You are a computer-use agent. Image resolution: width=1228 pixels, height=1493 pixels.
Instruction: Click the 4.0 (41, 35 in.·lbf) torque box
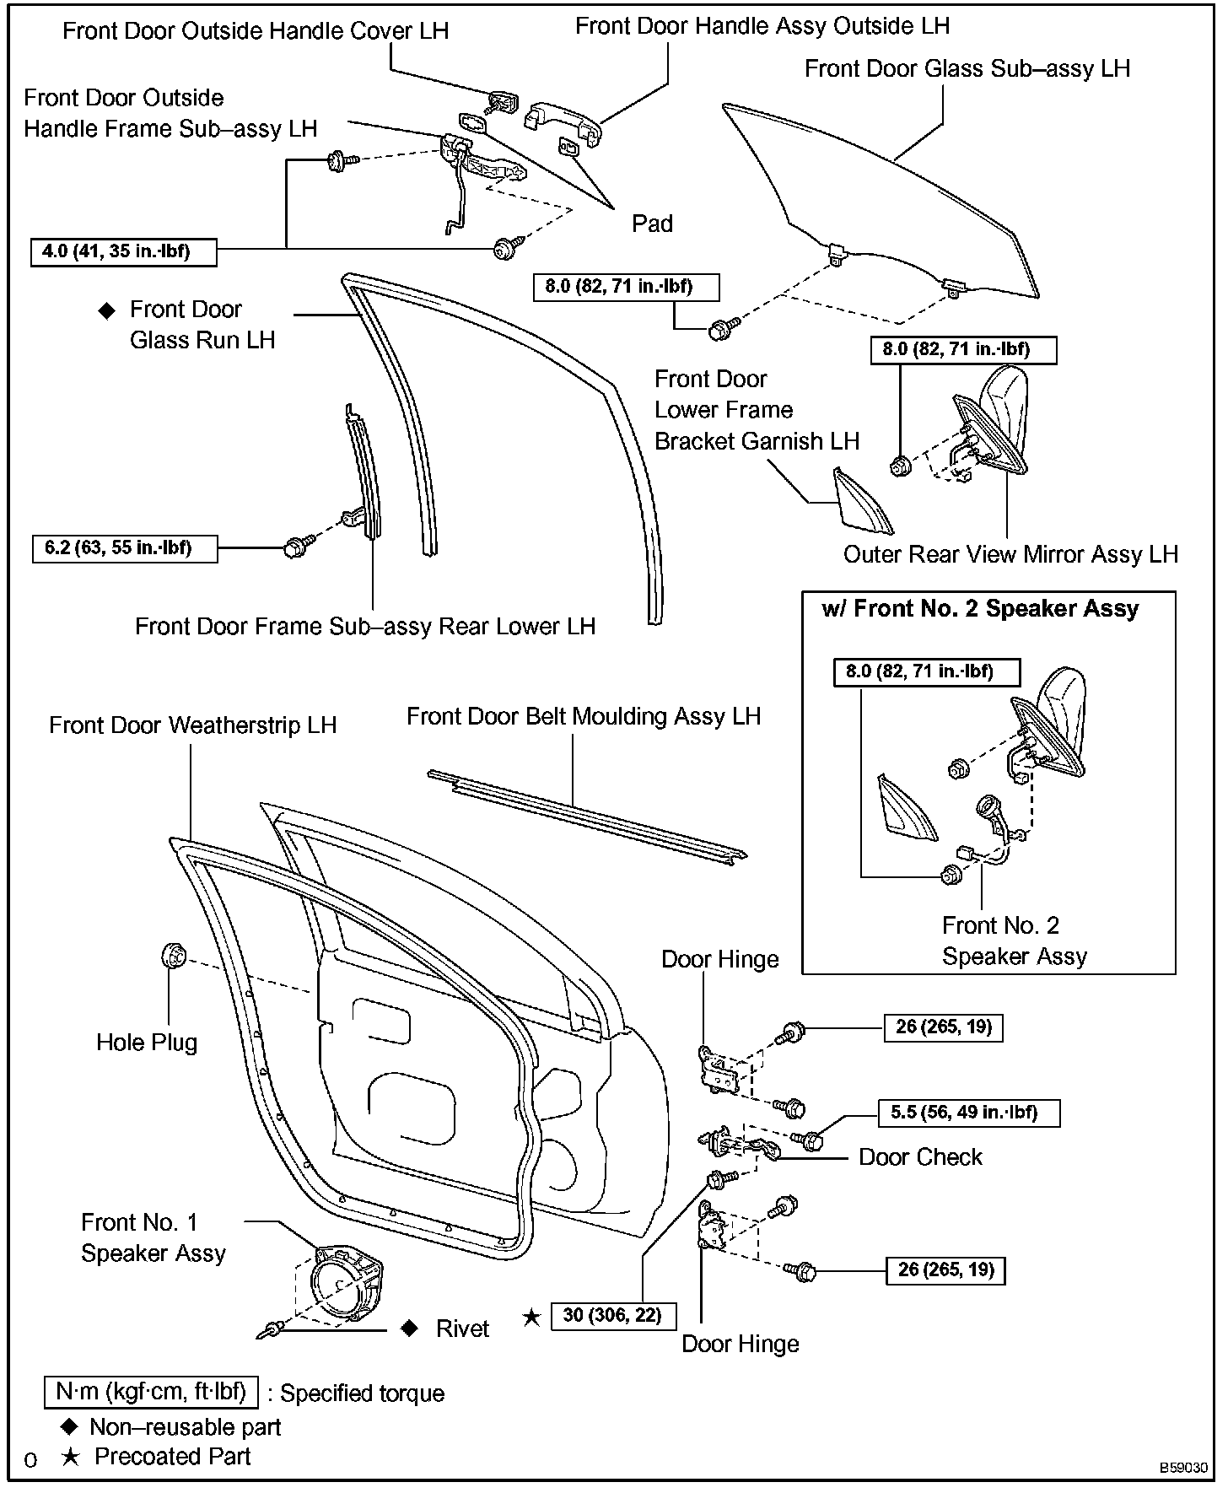(x=123, y=252)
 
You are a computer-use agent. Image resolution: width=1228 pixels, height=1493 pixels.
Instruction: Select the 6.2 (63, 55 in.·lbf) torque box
(x=124, y=548)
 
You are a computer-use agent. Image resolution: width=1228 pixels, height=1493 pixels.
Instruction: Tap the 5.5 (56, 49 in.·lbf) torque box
(x=969, y=1113)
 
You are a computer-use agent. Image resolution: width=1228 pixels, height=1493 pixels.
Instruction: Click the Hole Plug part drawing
(x=172, y=957)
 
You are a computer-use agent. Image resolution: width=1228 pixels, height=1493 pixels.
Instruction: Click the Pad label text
(x=652, y=224)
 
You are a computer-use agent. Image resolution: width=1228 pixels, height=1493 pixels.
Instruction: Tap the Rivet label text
(x=462, y=1329)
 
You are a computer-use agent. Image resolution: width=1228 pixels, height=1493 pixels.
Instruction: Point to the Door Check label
(x=920, y=1156)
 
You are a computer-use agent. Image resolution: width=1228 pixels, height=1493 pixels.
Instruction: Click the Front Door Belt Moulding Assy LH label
(x=584, y=716)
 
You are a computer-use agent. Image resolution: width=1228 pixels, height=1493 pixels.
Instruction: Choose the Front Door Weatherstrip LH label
(x=192, y=725)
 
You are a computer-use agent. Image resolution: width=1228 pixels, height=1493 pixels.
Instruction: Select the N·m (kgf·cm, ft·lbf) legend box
(x=150, y=1392)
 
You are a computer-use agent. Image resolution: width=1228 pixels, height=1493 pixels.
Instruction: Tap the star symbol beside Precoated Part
(x=71, y=1457)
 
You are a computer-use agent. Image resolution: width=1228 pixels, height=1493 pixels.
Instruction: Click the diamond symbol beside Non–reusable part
(x=71, y=1426)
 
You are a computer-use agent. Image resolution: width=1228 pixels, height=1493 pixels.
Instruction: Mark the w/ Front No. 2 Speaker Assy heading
(x=980, y=608)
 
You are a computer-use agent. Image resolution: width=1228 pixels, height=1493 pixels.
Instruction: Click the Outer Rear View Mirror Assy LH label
(x=1010, y=554)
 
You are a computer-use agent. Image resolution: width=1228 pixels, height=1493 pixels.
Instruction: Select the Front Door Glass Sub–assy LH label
(x=967, y=68)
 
